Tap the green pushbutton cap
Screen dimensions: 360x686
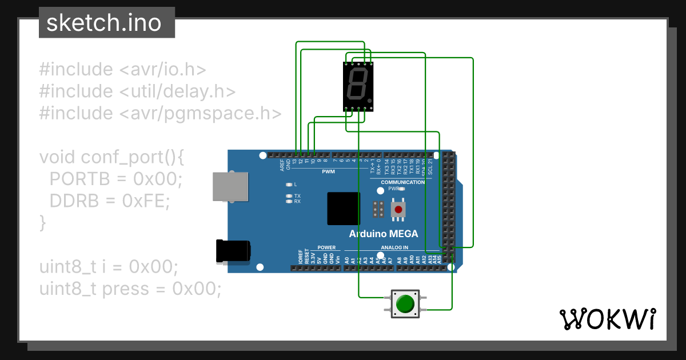[x=405, y=303]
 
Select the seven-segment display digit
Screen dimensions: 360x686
[x=357, y=86]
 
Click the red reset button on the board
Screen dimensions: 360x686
[x=398, y=210]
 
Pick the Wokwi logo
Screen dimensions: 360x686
[x=607, y=319]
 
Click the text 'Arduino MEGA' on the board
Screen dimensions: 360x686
[x=384, y=234]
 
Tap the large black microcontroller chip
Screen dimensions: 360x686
[x=344, y=209]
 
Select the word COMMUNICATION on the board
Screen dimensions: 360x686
[x=403, y=182]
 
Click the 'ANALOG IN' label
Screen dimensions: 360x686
[x=394, y=247]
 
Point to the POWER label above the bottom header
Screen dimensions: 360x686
[x=326, y=247]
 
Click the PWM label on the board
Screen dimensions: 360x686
[x=328, y=171]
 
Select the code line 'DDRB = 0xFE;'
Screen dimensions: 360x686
[x=110, y=201]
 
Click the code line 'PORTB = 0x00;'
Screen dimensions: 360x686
[x=115, y=179]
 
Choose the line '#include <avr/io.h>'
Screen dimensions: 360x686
[x=122, y=70]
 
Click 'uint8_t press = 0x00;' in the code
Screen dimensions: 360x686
[x=130, y=289]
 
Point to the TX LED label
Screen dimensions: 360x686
[x=297, y=195]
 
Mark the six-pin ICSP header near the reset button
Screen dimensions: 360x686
[x=377, y=210]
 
